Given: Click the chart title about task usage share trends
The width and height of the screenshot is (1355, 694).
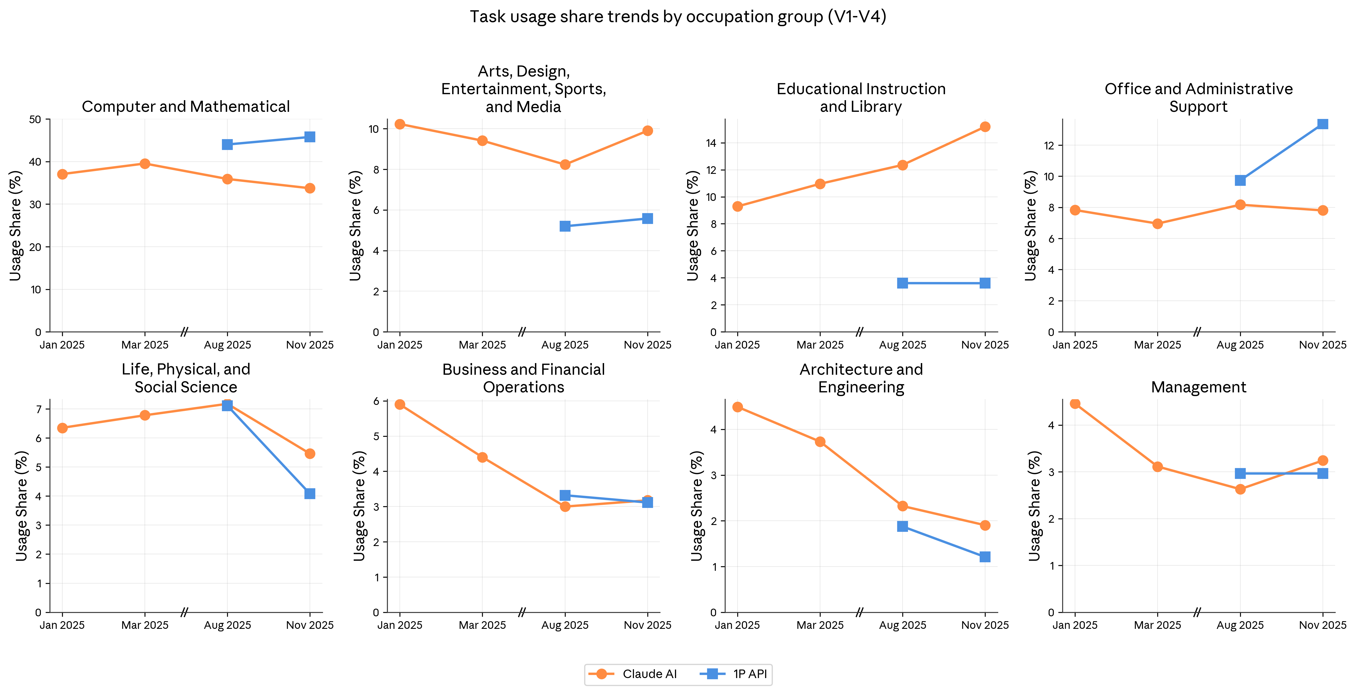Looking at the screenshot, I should pyautogui.click(x=677, y=17).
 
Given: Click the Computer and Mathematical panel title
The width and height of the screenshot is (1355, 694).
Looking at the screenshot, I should pyautogui.click(x=186, y=107).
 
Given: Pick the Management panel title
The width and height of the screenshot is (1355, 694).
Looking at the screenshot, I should pyautogui.click(x=1198, y=387).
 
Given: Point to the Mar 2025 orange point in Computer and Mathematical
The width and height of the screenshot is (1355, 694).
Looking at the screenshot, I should pyautogui.click(x=145, y=164).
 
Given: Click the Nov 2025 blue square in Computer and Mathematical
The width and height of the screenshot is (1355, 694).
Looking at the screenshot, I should pyautogui.click(x=310, y=137).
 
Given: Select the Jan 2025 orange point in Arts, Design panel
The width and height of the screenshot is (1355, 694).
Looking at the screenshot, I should pyautogui.click(x=400, y=124).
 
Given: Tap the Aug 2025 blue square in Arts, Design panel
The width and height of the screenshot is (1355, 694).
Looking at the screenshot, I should pyautogui.click(x=565, y=226).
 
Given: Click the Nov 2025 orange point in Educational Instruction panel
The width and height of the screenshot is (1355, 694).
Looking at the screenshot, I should pyautogui.click(x=985, y=127).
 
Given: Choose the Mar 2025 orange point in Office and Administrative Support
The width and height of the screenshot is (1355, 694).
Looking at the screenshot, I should pyautogui.click(x=1157, y=224).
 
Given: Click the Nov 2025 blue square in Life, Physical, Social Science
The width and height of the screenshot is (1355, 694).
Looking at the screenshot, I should pyautogui.click(x=310, y=493).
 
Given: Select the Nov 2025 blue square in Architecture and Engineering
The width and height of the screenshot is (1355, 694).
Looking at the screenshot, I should pyautogui.click(x=985, y=557).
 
